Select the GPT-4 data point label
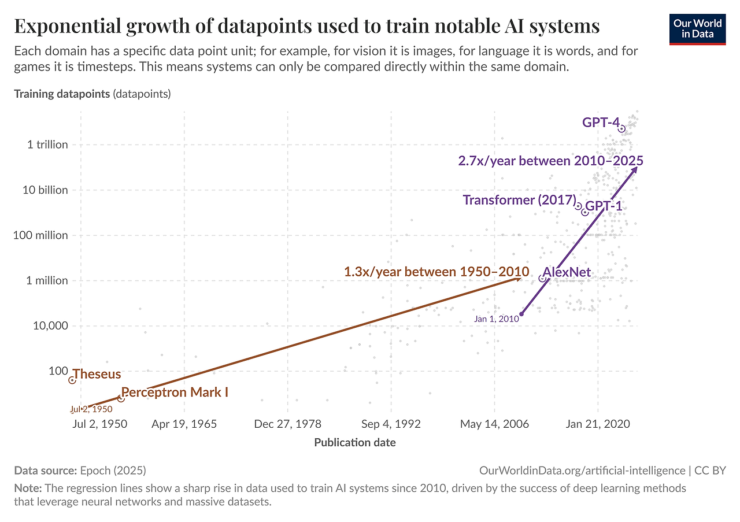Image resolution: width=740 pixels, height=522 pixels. (601, 123)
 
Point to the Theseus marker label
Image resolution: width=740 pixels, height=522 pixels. (97, 375)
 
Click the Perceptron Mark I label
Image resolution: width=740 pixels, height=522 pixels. (175, 393)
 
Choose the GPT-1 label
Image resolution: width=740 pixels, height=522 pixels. (604, 206)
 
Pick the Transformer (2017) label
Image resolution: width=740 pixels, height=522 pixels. (519, 200)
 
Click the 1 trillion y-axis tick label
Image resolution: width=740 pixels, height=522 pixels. (47, 145)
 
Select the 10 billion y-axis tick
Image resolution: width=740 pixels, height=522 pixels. (46, 190)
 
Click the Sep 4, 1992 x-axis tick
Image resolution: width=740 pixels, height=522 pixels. (391, 424)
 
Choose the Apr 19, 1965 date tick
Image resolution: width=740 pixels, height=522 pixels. (184, 424)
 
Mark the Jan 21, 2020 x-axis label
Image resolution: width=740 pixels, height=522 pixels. (598, 424)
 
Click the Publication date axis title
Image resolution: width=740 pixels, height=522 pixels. (355, 443)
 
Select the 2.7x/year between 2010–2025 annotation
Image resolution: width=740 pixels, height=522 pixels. (550, 161)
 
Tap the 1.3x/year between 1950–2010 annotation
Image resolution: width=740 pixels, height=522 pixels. (436, 272)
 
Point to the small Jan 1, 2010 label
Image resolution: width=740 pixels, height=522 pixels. (495, 319)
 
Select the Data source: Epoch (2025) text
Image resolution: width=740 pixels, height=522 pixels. (80, 471)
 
